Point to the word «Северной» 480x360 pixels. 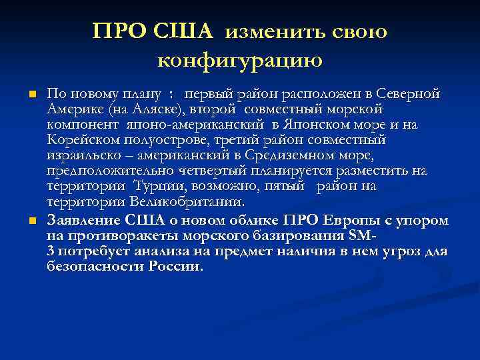(x=407, y=93)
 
